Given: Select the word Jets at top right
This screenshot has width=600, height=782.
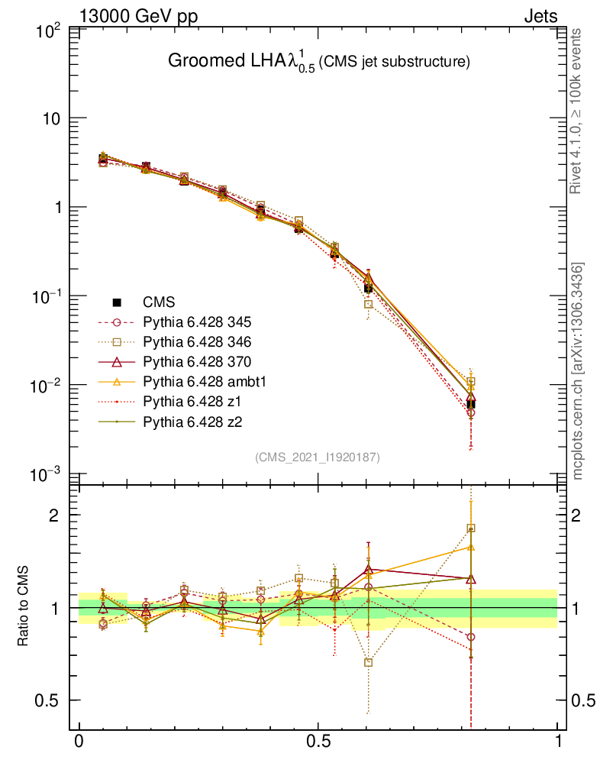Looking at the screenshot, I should (540, 16).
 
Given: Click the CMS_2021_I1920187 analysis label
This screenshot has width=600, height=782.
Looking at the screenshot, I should (318, 457).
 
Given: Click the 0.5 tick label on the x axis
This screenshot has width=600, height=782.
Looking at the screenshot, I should (318, 742).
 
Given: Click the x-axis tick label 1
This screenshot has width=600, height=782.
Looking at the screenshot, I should (557, 742).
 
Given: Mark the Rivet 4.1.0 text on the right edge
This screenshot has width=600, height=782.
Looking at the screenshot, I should (578, 111).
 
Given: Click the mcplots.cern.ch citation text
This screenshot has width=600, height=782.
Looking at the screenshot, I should (578, 371).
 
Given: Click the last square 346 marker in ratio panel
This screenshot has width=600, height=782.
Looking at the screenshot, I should (471, 528).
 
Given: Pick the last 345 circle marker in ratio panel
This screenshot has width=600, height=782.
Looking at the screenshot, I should (471, 637).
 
